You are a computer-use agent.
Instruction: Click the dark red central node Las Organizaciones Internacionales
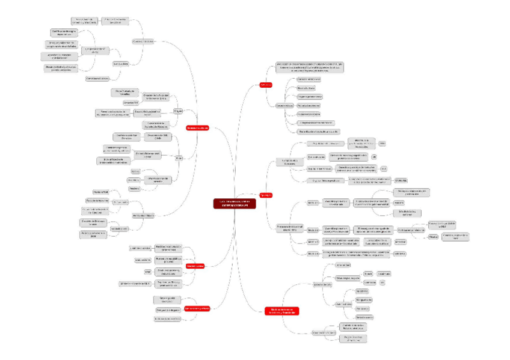click(x=235, y=203)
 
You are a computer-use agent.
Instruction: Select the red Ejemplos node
click(x=266, y=195)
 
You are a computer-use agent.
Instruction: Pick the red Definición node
click(x=266, y=85)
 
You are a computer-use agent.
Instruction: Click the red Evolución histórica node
click(x=197, y=128)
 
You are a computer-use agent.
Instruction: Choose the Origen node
click(x=178, y=111)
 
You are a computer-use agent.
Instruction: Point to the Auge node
click(x=179, y=157)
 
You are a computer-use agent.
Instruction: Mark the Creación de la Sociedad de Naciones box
click(x=155, y=124)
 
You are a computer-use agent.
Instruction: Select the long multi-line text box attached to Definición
click(x=310, y=66)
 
